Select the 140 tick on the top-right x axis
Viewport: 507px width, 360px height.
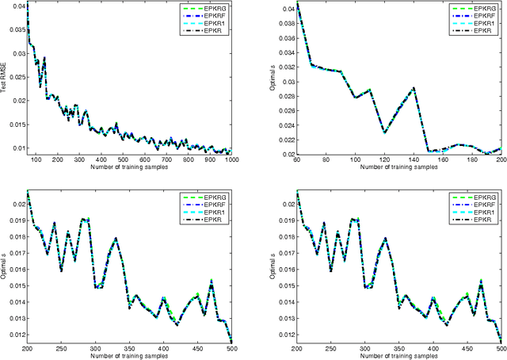(414, 161)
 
